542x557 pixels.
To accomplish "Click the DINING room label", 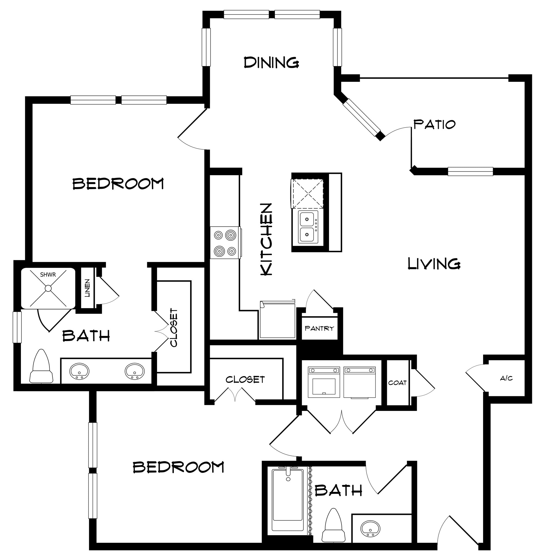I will (x=271, y=62).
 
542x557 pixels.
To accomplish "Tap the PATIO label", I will (x=434, y=125).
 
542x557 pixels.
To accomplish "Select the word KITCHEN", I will (x=267, y=239).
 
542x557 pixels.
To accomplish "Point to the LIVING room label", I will (x=434, y=264).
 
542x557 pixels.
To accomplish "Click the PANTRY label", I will (x=319, y=329).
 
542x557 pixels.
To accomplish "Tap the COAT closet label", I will (x=397, y=383).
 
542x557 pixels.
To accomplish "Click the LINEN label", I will (x=87, y=288).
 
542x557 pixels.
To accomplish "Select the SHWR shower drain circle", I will (x=48, y=288).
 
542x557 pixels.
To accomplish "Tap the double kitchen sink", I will (x=308, y=227).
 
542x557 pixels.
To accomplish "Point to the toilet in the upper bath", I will (x=41, y=367).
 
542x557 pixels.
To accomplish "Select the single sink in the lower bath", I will (x=370, y=528).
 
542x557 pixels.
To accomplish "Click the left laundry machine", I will (x=324, y=382).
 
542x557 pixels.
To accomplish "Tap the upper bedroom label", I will (x=118, y=184).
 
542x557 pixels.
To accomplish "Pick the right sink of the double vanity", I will (x=134, y=371).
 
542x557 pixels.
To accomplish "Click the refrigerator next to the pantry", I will (x=278, y=319).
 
